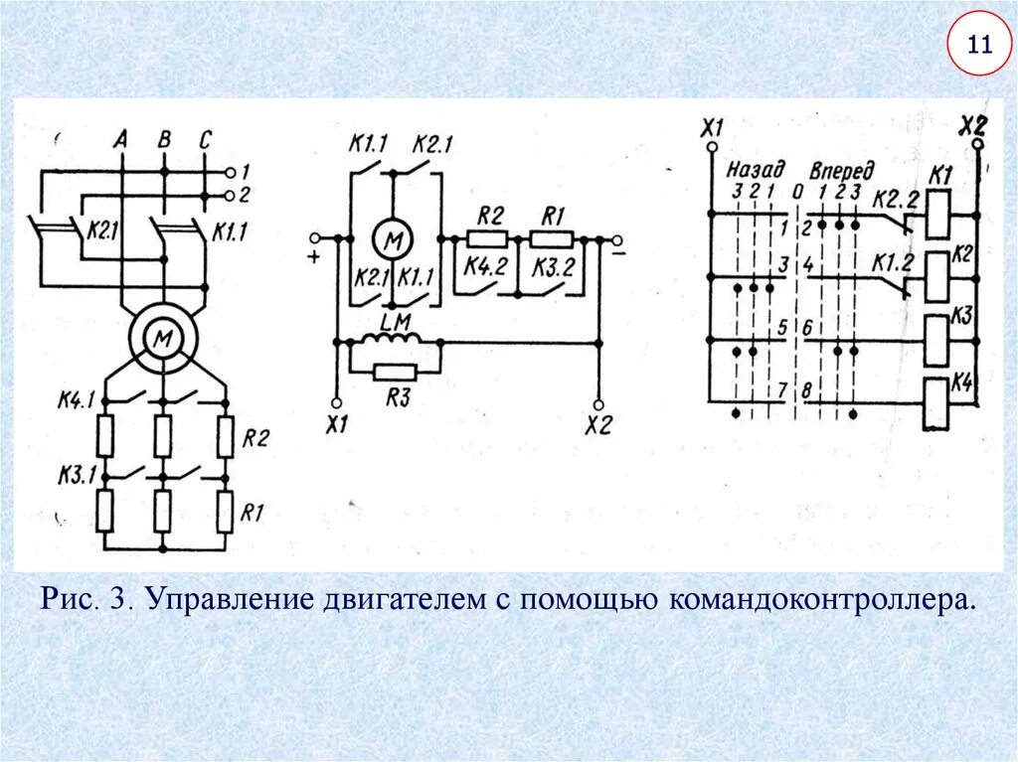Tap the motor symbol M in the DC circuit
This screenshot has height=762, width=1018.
tap(392, 239)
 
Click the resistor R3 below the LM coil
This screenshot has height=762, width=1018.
tap(392, 372)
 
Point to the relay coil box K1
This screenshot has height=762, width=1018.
tap(937, 213)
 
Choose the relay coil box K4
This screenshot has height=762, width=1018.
tap(936, 403)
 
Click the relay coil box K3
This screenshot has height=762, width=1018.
tap(936, 341)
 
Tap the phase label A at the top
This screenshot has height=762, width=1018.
tap(121, 140)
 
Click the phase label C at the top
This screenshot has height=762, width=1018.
tap(204, 140)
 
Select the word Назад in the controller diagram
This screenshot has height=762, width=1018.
tap(756, 169)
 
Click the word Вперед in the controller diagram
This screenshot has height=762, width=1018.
tap(842, 169)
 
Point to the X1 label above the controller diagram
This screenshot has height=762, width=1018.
tap(712, 127)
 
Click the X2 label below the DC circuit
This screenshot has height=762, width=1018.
tap(598, 424)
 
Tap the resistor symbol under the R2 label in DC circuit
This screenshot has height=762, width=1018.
tap(487, 238)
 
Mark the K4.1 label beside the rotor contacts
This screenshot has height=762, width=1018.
tap(75, 402)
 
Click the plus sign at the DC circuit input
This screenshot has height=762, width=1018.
tap(314, 257)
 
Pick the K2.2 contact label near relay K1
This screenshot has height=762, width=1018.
tap(894, 199)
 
